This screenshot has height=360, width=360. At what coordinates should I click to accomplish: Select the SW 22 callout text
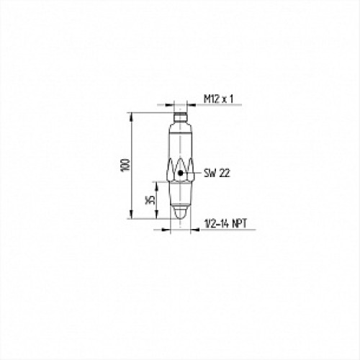pyautogui.click(x=215, y=173)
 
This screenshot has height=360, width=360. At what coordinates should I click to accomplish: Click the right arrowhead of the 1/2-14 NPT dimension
pyautogui.click(x=192, y=230)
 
